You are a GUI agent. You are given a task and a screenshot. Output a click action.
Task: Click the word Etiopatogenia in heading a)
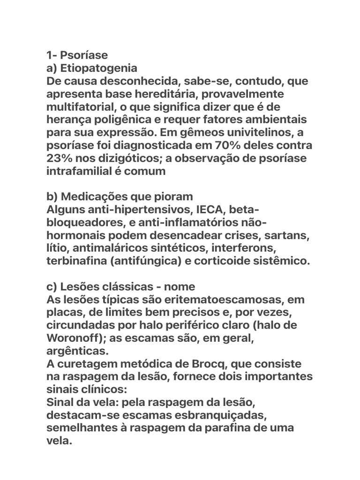point(99,68)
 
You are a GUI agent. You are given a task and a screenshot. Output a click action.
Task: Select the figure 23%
point(60,158)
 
